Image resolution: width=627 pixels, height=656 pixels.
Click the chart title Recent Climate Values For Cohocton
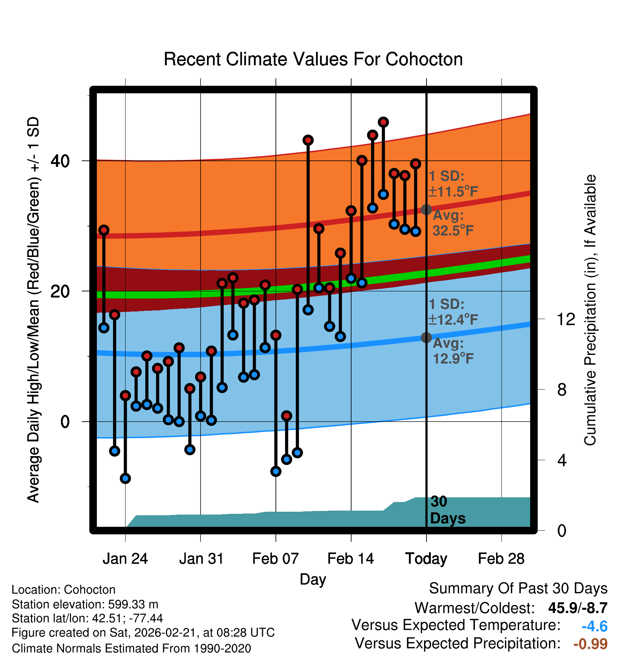[x=313, y=59]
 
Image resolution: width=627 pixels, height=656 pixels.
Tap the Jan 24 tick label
[x=125, y=559]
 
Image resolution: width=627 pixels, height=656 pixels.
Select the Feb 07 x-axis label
[x=275, y=559]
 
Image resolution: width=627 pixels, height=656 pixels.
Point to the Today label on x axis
[x=426, y=559]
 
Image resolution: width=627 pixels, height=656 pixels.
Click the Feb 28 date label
[x=501, y=559]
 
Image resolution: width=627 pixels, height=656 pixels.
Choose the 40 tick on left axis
[x=60, y=161]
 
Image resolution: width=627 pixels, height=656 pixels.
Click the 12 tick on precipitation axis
[x=566, y=319]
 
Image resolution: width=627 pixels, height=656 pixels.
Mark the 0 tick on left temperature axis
[x=65, y=422]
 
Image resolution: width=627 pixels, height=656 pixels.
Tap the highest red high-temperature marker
[x=383, y=122]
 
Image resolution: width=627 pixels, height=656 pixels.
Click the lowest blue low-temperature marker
[x=125, y=478]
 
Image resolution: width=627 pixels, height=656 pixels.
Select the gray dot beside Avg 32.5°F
[x=426, y=210]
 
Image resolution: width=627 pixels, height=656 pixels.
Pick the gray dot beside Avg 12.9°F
[x=426, y=337]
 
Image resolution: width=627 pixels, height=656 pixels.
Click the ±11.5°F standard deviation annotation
[x=453, y=192]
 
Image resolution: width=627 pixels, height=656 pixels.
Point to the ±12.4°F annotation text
[x=453, y=319]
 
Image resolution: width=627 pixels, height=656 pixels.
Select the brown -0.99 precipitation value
[x=590, y=644]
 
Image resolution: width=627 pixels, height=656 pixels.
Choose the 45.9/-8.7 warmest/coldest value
[x=577, y=608]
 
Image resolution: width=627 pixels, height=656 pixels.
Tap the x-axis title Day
[x=313, y=579]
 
